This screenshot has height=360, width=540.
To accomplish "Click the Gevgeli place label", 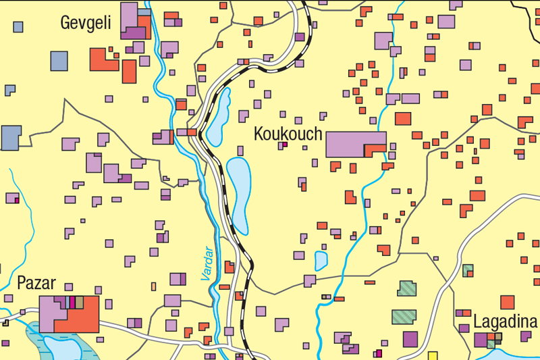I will (x=86, y=22).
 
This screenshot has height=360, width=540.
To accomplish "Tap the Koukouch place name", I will (x=288, y=134).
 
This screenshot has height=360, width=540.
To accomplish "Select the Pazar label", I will (x=36, y=283).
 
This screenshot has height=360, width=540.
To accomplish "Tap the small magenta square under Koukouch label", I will (x=284, y=145).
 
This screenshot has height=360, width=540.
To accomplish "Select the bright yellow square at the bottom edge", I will (x=433, y=356).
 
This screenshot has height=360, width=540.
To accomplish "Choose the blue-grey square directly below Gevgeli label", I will (x=59, y=61).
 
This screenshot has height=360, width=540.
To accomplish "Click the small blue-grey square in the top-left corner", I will (x=18, y=27).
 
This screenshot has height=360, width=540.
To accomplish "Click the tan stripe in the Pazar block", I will (x=79, y=302).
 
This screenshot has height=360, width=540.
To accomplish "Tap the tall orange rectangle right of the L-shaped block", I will (x=129, y=72).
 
